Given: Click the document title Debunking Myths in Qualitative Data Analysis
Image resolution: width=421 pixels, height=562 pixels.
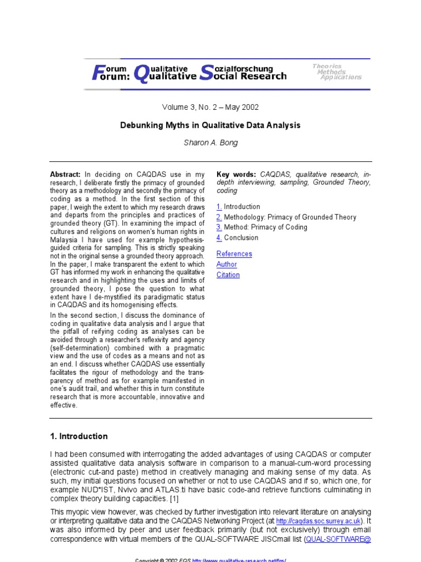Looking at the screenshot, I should [210, 125].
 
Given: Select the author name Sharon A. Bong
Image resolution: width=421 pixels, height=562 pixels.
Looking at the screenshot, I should [210, 143].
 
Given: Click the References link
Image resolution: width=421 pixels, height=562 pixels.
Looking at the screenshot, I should [234, 254].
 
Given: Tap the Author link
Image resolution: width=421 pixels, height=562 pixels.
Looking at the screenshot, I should [226, 264].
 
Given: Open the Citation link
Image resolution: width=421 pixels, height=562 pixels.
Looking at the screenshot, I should [228, 275].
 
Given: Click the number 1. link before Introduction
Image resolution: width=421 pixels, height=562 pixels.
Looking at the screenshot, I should [219, 207].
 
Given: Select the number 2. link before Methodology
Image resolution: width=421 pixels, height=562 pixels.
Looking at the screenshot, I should [219, 217].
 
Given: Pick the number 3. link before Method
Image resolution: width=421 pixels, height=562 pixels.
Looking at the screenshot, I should [219, 227].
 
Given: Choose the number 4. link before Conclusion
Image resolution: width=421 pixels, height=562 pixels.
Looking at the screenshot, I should [219, 238].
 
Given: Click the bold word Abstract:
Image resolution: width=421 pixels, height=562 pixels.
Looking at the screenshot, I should [65, 173].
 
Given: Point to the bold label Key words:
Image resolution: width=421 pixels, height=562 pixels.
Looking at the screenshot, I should [236, 173].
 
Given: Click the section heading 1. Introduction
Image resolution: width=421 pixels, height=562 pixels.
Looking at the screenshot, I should [79, 436].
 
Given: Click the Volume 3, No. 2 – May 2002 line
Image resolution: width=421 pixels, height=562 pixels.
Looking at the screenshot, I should [210, 107].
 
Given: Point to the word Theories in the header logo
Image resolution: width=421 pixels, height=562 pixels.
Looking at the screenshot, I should [327, 66].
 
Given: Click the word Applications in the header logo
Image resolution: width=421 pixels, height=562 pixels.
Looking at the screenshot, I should [341, 77].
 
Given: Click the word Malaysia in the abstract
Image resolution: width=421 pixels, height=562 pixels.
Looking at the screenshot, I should [65, 240].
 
